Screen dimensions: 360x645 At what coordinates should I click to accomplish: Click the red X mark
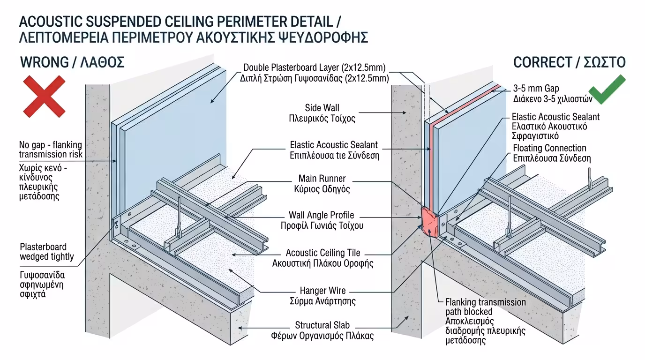44,97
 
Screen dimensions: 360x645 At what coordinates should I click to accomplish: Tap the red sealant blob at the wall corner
430,222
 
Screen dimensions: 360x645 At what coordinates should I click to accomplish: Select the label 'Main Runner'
322,179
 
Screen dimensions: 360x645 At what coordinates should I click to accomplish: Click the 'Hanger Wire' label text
322,291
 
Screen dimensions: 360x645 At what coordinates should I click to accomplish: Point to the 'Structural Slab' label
322,325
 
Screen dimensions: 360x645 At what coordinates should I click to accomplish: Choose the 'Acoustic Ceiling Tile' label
323,253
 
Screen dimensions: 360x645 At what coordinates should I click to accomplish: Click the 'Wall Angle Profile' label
322,215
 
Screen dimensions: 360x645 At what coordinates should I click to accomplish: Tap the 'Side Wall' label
322,108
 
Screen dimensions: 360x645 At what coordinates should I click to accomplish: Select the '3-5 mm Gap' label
536,88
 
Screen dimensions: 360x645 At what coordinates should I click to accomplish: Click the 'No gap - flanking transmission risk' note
51,149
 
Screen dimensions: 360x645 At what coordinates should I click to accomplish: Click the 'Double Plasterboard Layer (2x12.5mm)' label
315,67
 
